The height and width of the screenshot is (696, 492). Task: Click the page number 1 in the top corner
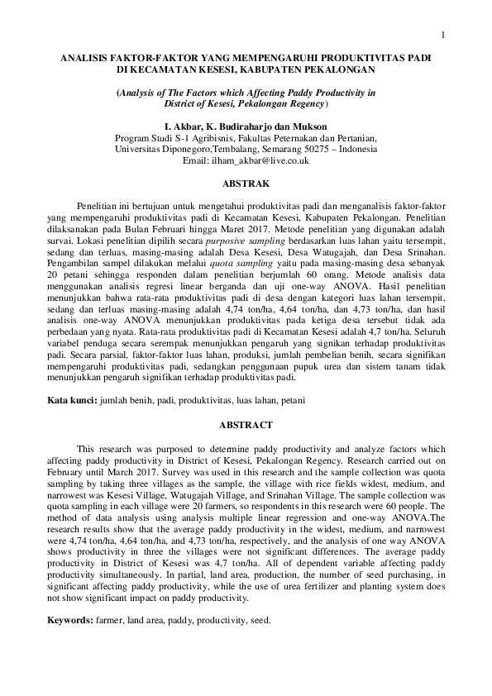click(x=444, y=34)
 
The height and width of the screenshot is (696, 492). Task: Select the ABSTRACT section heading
click(x=246, y=424)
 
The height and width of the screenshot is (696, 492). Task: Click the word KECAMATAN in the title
click(x=172, y=70)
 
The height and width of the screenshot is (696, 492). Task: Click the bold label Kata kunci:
click(x=71, y=400)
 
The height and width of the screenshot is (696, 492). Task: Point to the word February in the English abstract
click(x=67, y=468)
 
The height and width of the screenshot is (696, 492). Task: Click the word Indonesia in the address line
click(x=354, y=150)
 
